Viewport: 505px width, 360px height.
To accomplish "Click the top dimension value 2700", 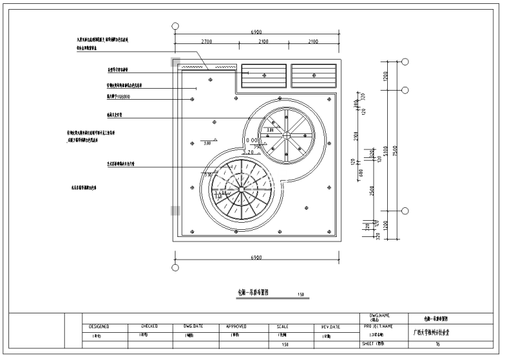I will coord(207,42).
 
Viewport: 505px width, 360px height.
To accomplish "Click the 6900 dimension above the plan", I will coord(256,32).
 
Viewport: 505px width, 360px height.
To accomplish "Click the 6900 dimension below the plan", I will coord(256,258).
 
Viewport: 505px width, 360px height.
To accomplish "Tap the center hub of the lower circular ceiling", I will coord(241,188).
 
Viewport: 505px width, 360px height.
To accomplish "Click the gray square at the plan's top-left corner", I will coord(175,62).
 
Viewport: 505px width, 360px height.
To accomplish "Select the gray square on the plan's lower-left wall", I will coord(175,210).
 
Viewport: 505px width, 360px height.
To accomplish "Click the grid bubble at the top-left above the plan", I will coord(174,27).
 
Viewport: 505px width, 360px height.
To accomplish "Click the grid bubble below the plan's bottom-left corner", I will coord(174,267).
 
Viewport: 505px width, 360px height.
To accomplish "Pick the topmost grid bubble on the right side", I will coord(405,62).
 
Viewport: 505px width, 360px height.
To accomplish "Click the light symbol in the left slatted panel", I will coord(264,76).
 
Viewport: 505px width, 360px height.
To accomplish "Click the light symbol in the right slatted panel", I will coord(314,76).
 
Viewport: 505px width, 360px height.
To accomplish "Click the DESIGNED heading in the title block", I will coord(99,327).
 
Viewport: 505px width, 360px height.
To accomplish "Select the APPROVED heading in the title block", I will coord(236,327).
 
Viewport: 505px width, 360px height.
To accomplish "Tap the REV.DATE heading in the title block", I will coord(331,327).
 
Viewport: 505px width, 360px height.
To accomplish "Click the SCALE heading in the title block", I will coord(283,327).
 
